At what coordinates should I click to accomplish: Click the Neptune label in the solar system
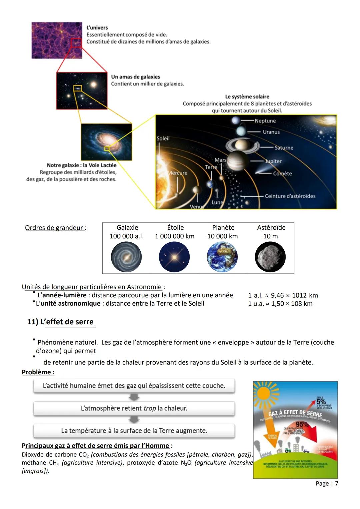point(265,121)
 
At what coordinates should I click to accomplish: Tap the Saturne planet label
point(284,148)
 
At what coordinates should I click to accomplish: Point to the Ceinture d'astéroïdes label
point(290,196)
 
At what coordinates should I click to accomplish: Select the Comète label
point(282,173)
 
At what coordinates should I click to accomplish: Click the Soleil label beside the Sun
point(163,138)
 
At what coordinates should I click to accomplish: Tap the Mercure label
point(178,173)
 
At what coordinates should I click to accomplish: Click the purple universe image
point(57,40)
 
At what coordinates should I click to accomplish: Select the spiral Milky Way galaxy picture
point(106,142)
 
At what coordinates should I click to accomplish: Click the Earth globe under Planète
point(222,257)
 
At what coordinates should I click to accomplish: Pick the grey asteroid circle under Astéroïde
point(270,257)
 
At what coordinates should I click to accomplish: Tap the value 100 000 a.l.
point(127,236)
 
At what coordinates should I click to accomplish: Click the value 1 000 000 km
point(175,236)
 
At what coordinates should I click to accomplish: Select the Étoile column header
point(175,227)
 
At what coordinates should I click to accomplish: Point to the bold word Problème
point(38,372)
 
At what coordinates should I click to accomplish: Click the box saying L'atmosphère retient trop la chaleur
point(134,408)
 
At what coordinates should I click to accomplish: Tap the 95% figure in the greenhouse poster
point(302,424)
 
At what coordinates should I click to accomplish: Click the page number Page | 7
point(327,483)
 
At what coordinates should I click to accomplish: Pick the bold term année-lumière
point(64,295)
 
